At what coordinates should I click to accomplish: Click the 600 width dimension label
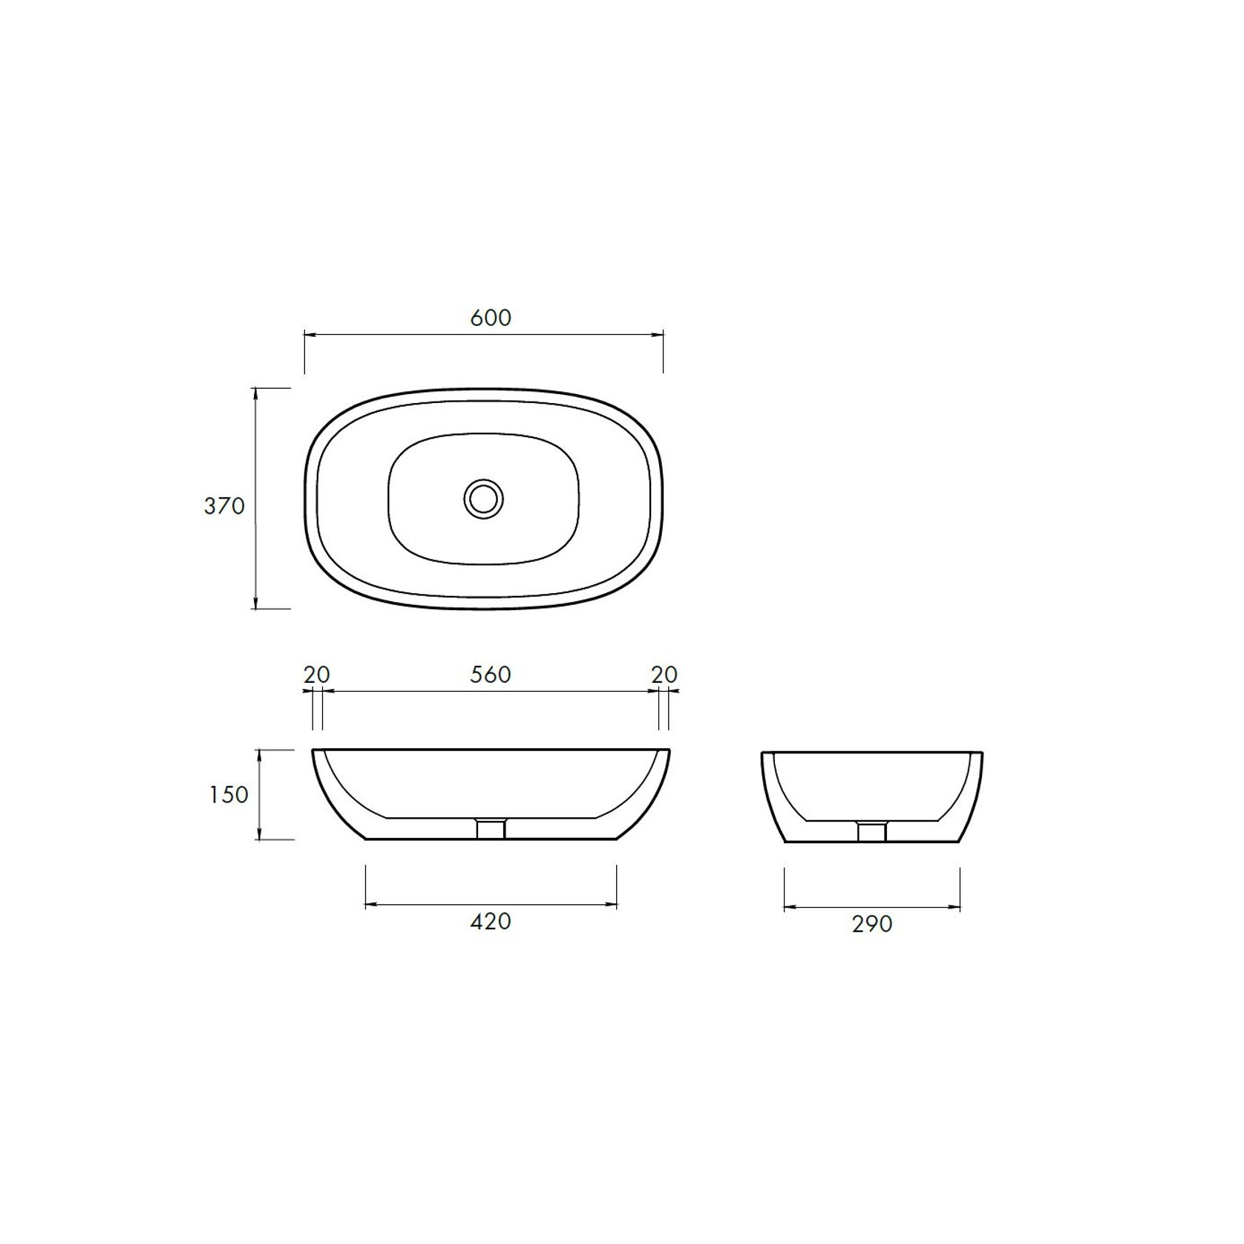coord(491,318)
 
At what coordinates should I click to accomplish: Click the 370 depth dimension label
coord(224,506)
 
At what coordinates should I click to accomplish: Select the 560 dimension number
coord(491,675)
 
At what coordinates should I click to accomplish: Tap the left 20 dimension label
coord(316,675)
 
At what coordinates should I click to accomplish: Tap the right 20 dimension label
coord(664,675)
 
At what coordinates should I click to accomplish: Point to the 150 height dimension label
coord(229,795)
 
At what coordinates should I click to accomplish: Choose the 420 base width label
coord(491,921)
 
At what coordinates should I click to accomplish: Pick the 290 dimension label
coord(871,924)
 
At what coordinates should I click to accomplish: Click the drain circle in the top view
coord(484,498)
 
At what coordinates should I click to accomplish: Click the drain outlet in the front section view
coord(491,828)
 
